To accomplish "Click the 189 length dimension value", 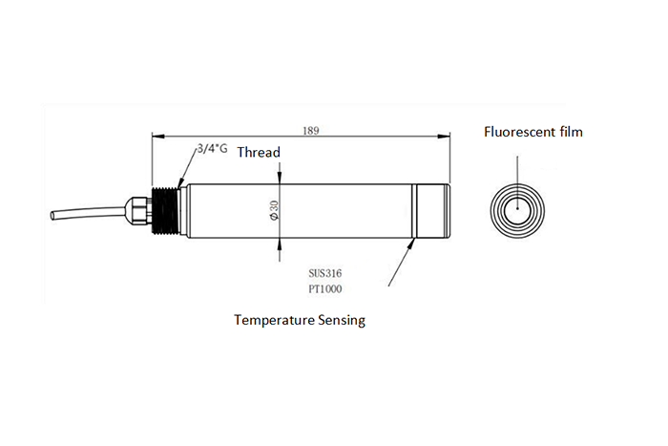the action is [310, 131].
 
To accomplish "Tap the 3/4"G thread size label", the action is [212, 149].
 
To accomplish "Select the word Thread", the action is [259, 152].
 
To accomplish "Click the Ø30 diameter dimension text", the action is [274, 211].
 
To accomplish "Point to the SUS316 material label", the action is [325, 273].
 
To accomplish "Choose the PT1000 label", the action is [325, 289].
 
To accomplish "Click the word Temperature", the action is [272, 320].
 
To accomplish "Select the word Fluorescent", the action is [518, 132].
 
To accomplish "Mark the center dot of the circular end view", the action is [517, 208].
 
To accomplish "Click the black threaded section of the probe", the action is [166, 211].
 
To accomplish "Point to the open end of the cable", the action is [52, 215].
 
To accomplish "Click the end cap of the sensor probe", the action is [432, 211].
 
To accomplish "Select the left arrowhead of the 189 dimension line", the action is [158, 137].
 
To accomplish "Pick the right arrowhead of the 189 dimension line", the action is [444, 137].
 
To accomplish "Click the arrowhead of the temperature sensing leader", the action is [411, 244].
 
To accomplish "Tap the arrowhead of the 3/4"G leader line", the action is [180, 183].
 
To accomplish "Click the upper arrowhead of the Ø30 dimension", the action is [279, 179].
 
